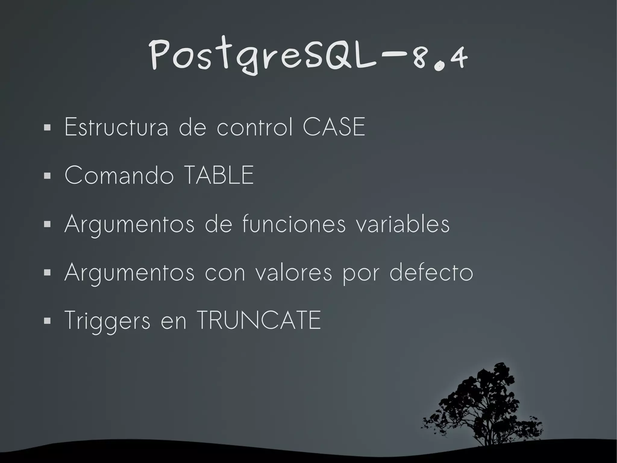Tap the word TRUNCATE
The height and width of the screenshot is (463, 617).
click(x=259, y=320)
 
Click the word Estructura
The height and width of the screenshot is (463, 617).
click(x=116, y=127)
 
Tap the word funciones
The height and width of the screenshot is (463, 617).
click(x=294, y=224)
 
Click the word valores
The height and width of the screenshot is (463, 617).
click(x=294, y=272)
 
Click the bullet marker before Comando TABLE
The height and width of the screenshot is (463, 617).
click(x=47, y=176)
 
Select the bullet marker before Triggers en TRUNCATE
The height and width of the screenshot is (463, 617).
click(x=47, y=321)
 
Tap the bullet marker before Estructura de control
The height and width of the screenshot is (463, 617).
click(x=47, y=128)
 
